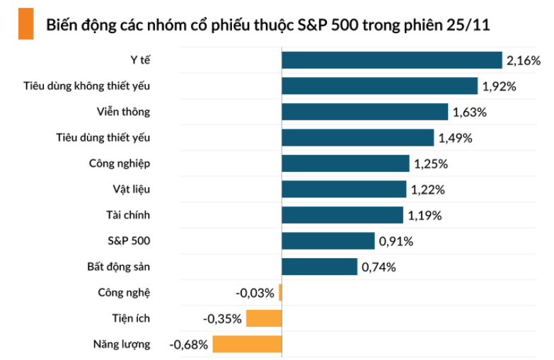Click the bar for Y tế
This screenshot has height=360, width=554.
[391, 60]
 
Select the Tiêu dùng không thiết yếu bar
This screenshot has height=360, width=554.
[379, 86]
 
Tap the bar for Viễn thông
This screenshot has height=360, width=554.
[364, 112]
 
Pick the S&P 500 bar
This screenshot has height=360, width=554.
[328, 240]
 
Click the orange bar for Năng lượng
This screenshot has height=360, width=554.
[247, 344]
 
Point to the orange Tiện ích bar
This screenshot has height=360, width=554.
[264, 318]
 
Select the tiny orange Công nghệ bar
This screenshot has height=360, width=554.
[280, 292]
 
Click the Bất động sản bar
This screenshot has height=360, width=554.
[319, 267]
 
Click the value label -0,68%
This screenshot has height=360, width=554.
[189, 344]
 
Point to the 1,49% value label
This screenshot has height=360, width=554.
[456, 138]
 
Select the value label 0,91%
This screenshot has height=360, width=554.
[396, 241]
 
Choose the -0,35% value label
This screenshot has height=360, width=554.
[223, 318]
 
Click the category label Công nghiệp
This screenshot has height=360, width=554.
[120, 163]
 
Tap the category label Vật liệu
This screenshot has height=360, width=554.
[131, 189]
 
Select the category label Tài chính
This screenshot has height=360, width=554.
[127, 215]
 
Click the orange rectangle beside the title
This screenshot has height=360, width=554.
[25, 24]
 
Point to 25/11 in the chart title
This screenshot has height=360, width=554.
[468, 25]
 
